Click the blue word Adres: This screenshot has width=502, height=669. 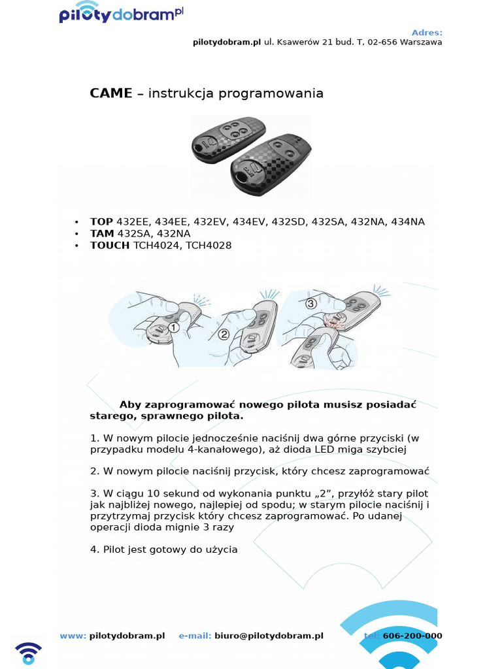click(427, 32)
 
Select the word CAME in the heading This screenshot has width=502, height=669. click(110, 93)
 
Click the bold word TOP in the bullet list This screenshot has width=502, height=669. click(101, 222)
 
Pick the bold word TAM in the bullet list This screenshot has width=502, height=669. click(102, 234)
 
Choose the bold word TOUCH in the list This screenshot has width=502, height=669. click(110, 246)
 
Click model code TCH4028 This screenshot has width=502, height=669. click(209, 246)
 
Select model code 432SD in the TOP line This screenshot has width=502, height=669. click(289, 222)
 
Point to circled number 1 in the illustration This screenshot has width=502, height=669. click(173, 327)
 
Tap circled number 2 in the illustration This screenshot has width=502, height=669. click(224, 334)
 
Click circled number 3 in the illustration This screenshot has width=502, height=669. click(310, 303)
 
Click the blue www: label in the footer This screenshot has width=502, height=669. click(73, 636)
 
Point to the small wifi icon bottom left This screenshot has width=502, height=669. click(28, 653)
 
